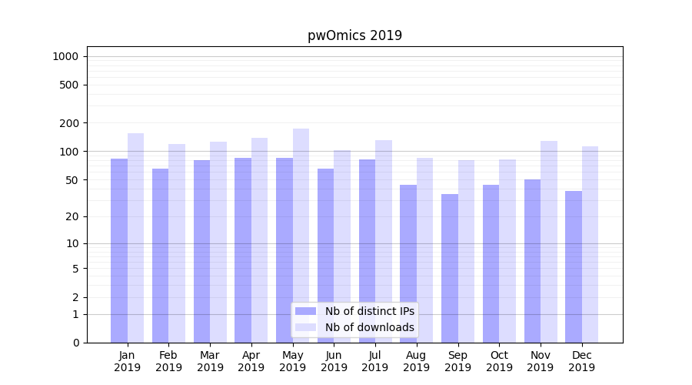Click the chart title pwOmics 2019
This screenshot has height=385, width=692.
(354, 35)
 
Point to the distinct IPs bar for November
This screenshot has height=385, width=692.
(532, 261)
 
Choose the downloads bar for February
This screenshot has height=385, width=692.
(177, 243)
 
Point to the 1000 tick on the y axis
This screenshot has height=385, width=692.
(65, 56)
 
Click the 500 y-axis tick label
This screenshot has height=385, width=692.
(69, 85)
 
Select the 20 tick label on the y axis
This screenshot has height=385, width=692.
(72, 216)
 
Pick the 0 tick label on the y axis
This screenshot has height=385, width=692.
(75, 343)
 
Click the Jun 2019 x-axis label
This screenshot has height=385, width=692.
(334, 361)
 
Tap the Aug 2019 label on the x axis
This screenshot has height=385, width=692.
(417, 361)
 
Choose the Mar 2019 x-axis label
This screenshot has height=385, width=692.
(210, 361)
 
